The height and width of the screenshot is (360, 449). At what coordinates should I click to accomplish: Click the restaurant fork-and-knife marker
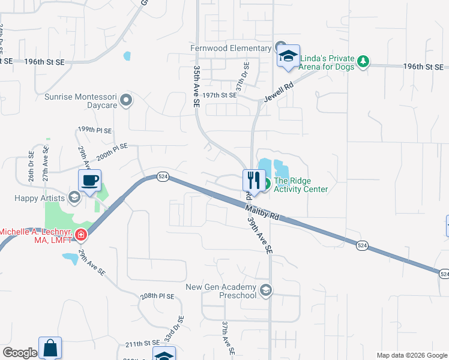click(x=253, y=179)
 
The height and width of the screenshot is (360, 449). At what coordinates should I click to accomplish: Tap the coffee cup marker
click(x=90, y=179)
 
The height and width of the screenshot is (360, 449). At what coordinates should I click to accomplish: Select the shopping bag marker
click(x=50, y=347)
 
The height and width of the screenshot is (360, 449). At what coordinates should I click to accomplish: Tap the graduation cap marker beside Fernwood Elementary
click(x=288, y=56)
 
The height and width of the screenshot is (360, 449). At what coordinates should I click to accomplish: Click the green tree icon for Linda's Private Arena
click(x=363, y=61)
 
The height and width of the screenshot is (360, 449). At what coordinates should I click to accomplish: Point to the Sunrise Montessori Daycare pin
click(x=125, y=100)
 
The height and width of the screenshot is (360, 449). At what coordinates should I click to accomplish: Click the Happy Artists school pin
click(x=74, y=197)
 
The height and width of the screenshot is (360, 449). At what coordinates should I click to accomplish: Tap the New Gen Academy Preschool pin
click(x=266, y=292)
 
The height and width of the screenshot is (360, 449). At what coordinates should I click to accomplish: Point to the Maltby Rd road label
click(x=263, y=212)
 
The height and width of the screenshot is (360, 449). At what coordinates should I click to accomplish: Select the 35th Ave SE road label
click(x=196, y=86)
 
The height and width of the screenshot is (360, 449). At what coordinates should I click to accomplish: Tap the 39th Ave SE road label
click(x=260, y=235)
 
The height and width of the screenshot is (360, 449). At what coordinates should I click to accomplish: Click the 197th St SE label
click(x=220, y=95)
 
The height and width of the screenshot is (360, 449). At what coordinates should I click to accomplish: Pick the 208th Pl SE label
click(x=157, y=296)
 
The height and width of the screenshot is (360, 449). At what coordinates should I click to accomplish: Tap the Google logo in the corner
click(x=20, y=353)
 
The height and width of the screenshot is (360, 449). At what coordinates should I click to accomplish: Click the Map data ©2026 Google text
click(x=411, y=355)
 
